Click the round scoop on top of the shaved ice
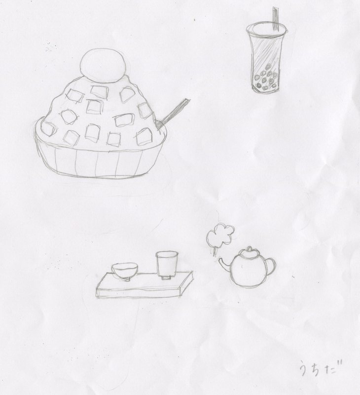(x=103, y=66)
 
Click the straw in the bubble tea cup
(x=276, y=19)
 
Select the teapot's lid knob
(x=249, y=249)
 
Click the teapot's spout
(x=225, y=265)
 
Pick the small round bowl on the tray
(x=125, y=271)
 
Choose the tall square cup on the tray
(x=167, y=265)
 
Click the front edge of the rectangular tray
(x=139, y=293)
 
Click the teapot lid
(x=249, y=253)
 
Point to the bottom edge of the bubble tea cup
(x=266, y=91)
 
